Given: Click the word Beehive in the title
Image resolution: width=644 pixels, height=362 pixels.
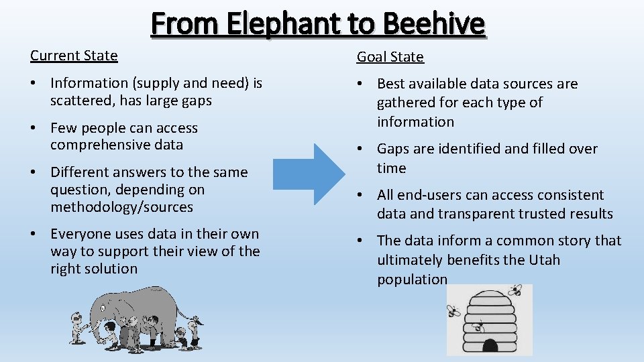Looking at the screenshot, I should coord(434,24).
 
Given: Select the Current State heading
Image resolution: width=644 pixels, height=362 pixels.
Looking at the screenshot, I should coord(74,56).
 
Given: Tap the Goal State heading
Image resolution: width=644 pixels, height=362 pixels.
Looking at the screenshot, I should coord(390,57).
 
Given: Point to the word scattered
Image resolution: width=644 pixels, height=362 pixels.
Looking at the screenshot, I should coord(80,101).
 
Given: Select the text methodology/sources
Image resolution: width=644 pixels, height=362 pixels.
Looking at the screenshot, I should coord(121,207).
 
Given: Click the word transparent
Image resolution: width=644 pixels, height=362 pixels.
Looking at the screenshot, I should coord(471,214).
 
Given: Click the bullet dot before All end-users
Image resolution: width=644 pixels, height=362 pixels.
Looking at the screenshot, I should coord(360,196).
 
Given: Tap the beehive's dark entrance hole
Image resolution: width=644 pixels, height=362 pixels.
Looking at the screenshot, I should coord(491,345).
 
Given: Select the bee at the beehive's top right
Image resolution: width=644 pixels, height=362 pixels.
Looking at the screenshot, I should coord(515,290).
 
